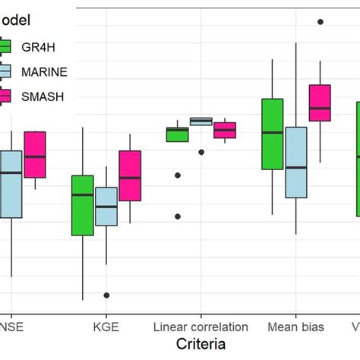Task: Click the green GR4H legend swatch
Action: [x=5, y=46]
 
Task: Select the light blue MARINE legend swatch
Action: [x=5, y=71]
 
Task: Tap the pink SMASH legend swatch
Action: [x=5, y=96]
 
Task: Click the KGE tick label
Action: [x=106, y=327]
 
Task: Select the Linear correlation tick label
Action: [x=201, y=327]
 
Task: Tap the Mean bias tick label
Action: [x=295, y=327]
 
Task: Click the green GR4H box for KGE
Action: [x=83, y=205]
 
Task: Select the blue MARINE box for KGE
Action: [x=106, y=207]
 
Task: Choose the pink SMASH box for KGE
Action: [x=130, y=175]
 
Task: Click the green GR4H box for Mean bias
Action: [x=272, y=134]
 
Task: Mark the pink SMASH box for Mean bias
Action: [x=320, y=103]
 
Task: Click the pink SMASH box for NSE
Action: [x=35, y=155]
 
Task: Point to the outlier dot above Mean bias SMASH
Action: [x=320, y=22]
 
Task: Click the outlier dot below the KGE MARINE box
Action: [x=106, y=295]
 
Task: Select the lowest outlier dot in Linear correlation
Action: [x=178, y=216]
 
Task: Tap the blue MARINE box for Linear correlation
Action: [x=201, y=121]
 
